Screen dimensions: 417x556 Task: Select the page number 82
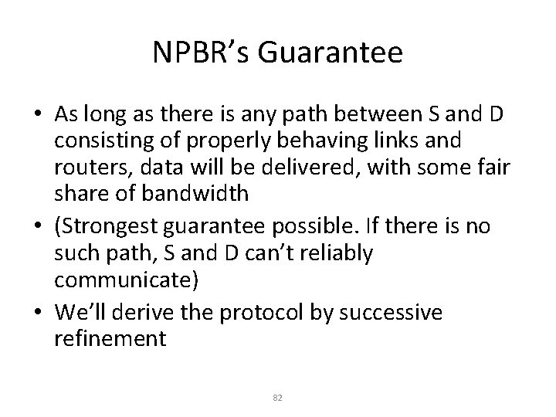pyautogui.click(x=278, y=397)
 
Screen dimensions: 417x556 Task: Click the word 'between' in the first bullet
pyautogui.click(x=392, y=114)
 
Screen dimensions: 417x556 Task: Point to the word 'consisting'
pyautogui.click(x=102, y=141)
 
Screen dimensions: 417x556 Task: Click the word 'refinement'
pyautogui.click(x=110, y=339)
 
